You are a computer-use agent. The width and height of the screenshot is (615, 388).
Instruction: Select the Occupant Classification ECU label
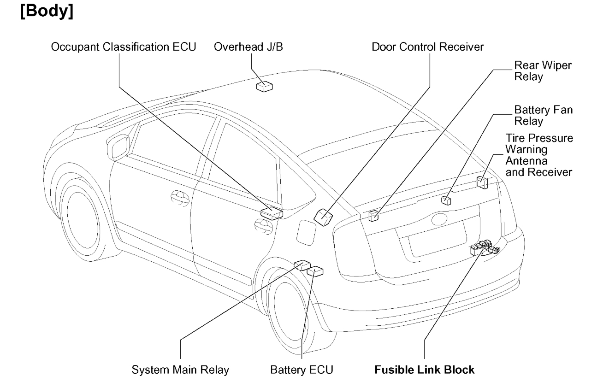124,47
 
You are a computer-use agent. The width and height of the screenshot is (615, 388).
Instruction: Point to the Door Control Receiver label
428,47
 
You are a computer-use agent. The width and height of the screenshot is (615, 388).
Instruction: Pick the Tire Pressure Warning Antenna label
538,155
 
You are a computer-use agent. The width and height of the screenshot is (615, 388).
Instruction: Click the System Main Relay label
180,370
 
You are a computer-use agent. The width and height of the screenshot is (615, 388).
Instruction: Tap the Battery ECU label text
302,370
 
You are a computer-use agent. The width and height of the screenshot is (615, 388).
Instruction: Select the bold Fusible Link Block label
424,370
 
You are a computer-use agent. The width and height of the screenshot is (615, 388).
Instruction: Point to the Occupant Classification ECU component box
271,212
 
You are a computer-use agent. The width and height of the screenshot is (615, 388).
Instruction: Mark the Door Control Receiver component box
324,215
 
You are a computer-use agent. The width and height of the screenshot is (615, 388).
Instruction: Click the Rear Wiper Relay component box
374,214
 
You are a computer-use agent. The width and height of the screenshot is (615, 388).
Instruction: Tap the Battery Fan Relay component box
446,200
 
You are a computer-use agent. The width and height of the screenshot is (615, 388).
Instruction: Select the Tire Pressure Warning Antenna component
482,182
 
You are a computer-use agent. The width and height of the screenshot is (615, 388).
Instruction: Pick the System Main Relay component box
302,264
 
